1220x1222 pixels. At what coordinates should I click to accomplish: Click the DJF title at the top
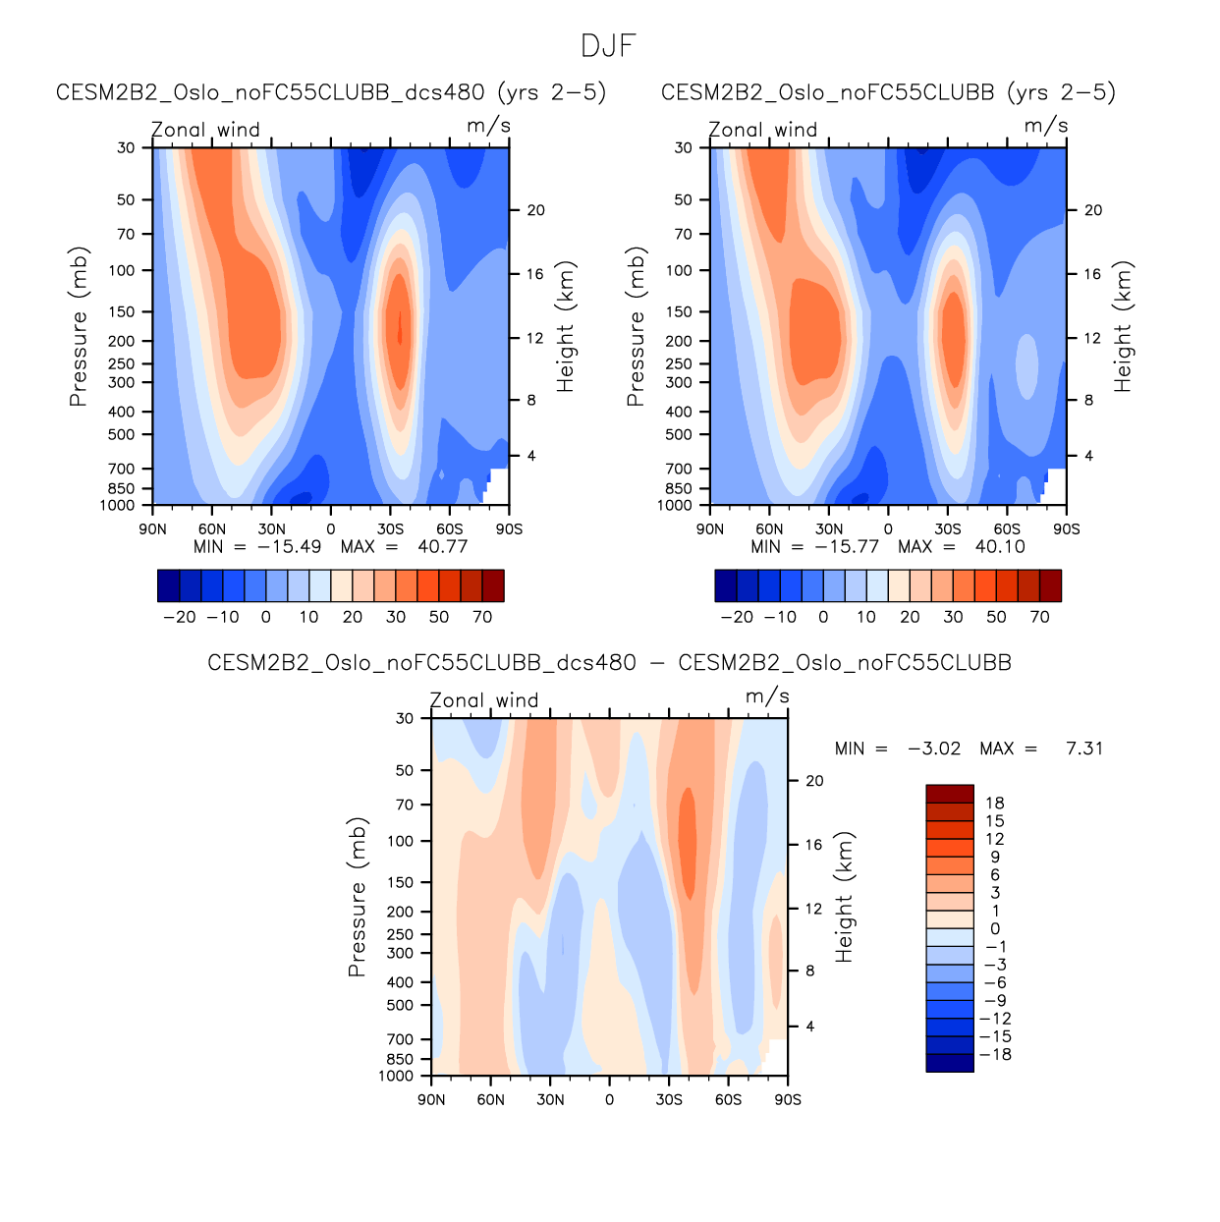pyautogui.click(x=609, y=46)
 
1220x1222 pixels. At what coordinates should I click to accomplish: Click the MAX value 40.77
pyautogui.click(x=442, y=547)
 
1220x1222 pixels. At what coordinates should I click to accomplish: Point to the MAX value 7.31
pyautogui.click(x=1084, y=749)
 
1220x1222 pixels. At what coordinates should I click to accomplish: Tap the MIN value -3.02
pyautogui.click(x=934, y=749)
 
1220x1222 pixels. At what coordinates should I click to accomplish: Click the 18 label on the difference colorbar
pyautogui.click(x=994, y=804)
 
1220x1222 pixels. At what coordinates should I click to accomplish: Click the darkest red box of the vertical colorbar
pyautogui.click(x=950, y=794)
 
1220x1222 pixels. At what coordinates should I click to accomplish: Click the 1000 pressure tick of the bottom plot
pyautogui.click(x=396, y=1077)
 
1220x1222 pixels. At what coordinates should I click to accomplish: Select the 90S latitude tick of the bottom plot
pyautogui.click(x=788, y=1100)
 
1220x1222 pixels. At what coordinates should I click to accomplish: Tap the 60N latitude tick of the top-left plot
pyautogui.click(x=212, y=529)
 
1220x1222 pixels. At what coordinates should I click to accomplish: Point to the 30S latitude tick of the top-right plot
pyautogui.click(x=948, y=529)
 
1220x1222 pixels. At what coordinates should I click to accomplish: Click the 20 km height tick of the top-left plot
pyautogui.click(x=535, y=210)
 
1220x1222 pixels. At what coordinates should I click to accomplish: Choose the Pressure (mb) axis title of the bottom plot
pyautogui.click(x=357, y=897)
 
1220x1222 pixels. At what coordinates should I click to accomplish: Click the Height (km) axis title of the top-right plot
pyautogui.click(x=1124, y=327)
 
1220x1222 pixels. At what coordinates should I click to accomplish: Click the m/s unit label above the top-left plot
pyautogui.click(x=488, y=126)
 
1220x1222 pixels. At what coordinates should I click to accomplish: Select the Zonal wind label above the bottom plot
pyautogui.click(x=484, y=700)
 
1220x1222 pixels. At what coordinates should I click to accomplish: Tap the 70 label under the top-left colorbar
pyautogui.click(x=482, y=617)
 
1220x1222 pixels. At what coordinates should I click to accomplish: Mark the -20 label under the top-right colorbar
pyautogui.click(x=737, y=617)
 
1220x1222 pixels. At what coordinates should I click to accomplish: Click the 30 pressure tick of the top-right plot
pyautogui.click(x=684, y=148)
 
